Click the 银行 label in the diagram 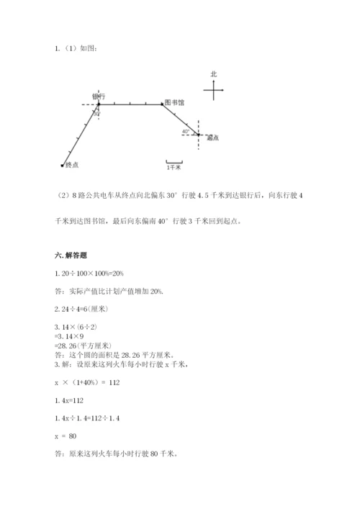[x=99, y=96]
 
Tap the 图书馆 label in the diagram [x=174, y=102]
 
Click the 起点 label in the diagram [x=212, y=138]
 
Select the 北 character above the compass [x=213, y=74]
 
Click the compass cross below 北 [x=214, y=90]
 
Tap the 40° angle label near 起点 [x=186, y=132]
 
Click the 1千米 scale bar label [x=174, y=167]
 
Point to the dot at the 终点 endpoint [x=62, y=166]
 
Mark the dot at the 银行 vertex [x=99, y=104]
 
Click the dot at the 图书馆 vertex [x=163, y=104]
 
